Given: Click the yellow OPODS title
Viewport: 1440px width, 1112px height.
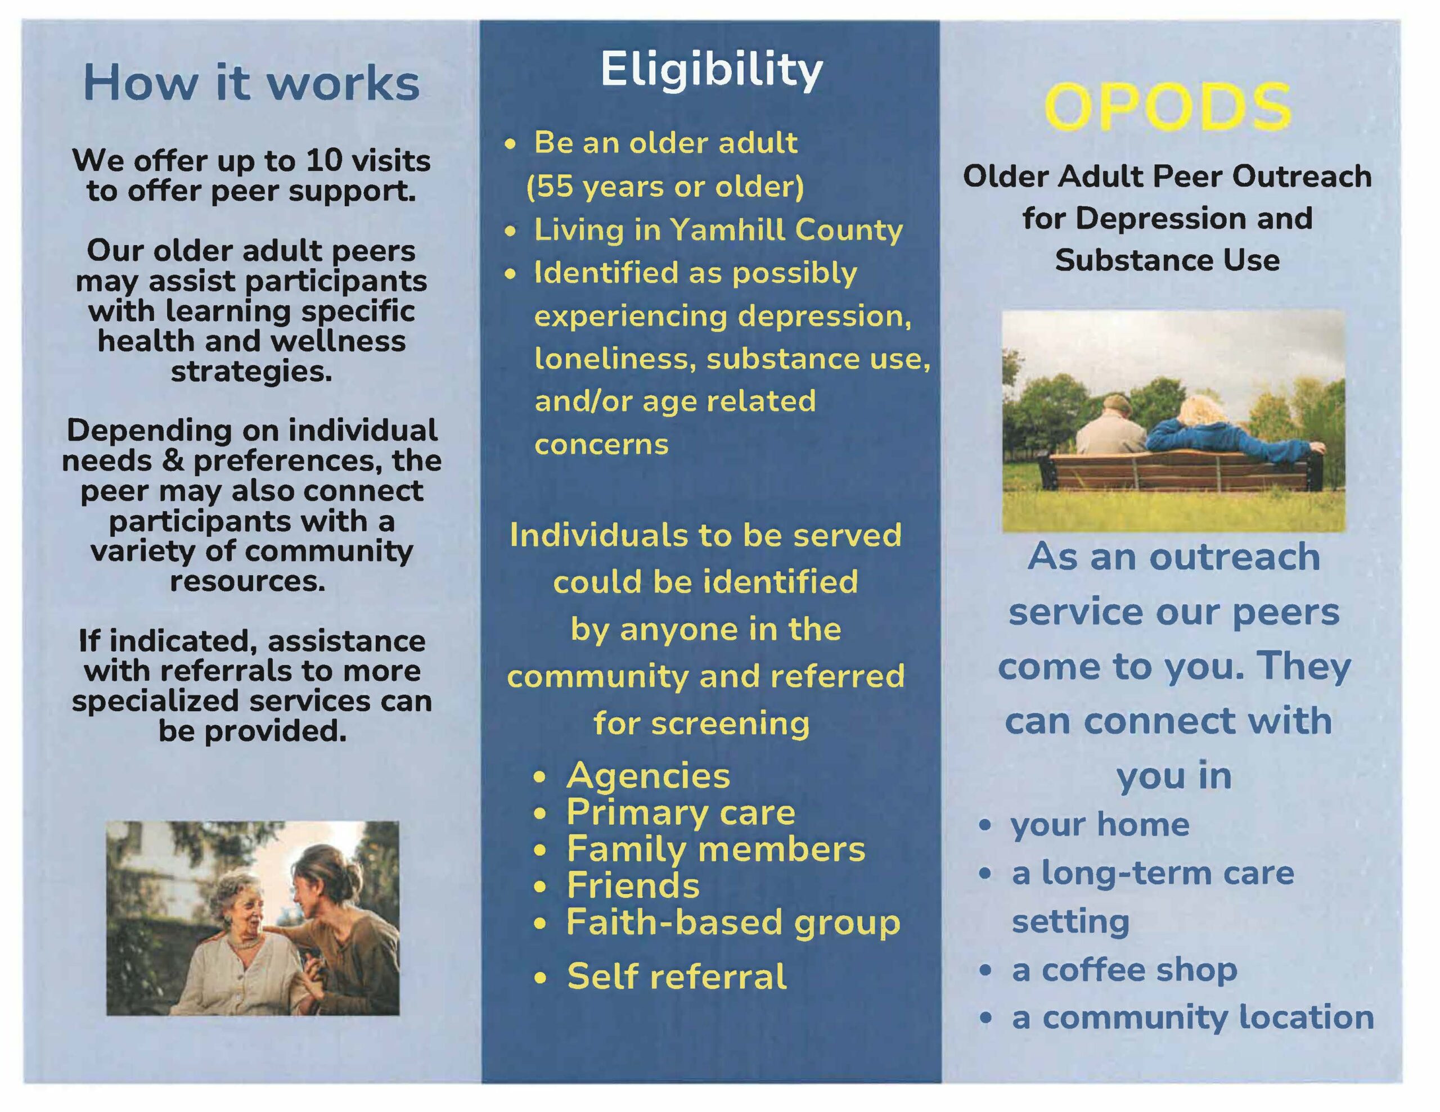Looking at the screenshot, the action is point(1168,107).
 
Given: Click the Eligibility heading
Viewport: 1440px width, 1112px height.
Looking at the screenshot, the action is point(712,71).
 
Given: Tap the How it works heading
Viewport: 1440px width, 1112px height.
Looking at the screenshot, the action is point(251,84).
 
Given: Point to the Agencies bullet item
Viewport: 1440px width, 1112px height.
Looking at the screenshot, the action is point(648,775).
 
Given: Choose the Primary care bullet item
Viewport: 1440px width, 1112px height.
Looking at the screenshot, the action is point(681,812).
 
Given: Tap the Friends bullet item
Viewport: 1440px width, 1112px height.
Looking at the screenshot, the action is point(633,885).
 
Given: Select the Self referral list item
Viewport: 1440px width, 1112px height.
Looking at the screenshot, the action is point(677,976).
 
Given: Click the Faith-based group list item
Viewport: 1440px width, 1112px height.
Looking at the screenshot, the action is point(733,922).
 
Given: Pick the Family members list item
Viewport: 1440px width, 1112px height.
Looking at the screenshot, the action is point(715,849).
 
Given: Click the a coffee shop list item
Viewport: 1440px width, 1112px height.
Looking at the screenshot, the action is point(1124,970).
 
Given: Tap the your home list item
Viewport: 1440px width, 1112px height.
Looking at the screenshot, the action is point(1100,825).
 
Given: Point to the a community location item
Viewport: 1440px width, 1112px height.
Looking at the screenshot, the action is point(1192,1018).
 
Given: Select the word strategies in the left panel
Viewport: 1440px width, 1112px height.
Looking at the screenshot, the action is point(251,372).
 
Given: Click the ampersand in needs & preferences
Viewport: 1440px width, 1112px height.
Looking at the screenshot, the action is point(172,460).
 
